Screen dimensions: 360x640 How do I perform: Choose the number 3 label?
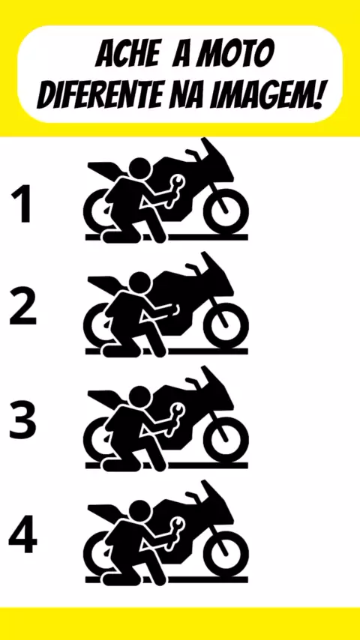coord(23,420)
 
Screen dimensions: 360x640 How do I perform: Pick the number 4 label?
coord(23,534)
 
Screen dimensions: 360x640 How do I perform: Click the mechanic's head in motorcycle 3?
coord(139,397)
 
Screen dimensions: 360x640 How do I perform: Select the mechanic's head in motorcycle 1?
coord(139,169)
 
